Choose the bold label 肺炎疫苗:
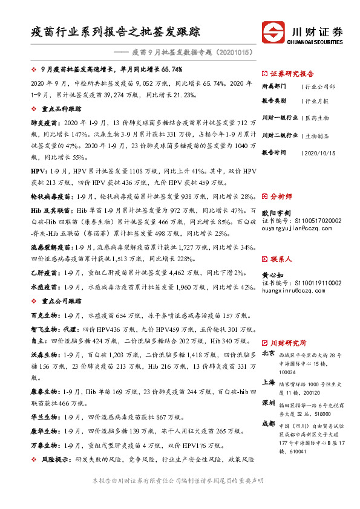45,122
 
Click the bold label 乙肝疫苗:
45,273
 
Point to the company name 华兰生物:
45,417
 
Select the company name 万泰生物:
45,446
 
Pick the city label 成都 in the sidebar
268,424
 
